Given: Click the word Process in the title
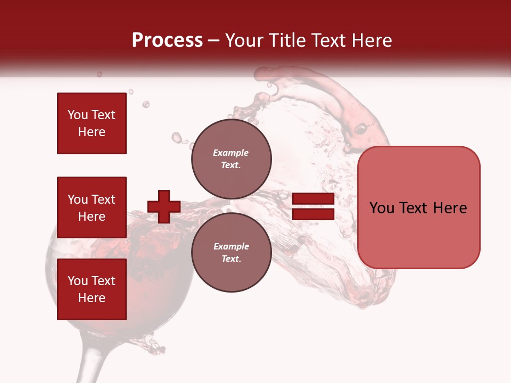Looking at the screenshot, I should pos(167,40).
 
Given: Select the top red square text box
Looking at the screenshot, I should pos(92,123).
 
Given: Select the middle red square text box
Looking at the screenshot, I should pos(92,207).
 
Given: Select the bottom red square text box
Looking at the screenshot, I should pos(92,289).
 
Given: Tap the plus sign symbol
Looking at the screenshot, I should pos(164,206).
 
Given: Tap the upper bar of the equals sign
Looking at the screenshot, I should pos(313,198).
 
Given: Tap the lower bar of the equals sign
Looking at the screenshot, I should pos(313,214).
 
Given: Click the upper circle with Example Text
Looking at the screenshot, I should pos(231,159).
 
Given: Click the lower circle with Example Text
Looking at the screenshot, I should pos(231,253).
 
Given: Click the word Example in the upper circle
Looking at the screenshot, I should pos(231,153).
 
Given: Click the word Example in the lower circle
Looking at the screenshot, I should pos(231,246).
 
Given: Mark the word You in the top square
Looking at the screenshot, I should pos(77,115).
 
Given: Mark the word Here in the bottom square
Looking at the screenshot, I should pos(92,298).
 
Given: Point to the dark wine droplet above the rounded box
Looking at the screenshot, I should pos(361,128).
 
